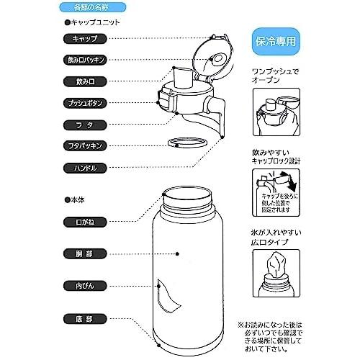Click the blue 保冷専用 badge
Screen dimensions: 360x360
point(277,40)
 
